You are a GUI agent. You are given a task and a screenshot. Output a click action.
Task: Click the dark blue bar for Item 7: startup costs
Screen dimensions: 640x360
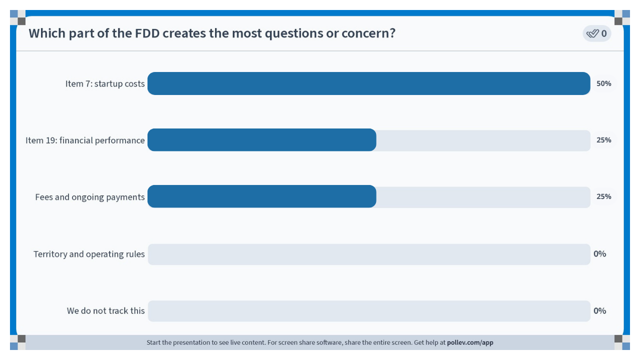(x=369, y=83)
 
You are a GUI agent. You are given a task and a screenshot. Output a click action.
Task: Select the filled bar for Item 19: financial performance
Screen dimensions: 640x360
(x=261, y=140)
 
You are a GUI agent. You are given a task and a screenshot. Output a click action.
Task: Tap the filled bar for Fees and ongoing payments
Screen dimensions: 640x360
(x=261, y=196)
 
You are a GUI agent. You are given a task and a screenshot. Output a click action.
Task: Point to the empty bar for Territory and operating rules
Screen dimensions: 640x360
(x=369, y=254)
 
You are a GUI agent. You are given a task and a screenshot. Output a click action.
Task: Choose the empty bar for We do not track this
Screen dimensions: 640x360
(x=369, y=311)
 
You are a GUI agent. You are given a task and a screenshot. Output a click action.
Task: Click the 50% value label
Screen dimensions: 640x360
(x=603, y=83)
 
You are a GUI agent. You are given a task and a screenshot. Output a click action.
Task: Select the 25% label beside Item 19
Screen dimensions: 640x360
(x=603, y=140)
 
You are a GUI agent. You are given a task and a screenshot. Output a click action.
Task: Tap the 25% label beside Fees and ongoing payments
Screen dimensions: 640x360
(x=603, y=196)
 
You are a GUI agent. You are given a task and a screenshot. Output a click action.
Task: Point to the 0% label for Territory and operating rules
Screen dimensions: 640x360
(x=599, y=253)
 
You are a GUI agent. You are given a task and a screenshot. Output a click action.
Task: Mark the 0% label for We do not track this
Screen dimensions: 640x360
(x=599, y=310)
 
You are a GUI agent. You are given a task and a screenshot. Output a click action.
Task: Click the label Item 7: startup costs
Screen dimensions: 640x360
(x=105, y=83)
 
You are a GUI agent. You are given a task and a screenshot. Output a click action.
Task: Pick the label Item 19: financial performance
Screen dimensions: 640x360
(x=85, y=140)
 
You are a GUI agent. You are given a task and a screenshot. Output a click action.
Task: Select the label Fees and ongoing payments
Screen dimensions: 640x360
(x=89, y=197)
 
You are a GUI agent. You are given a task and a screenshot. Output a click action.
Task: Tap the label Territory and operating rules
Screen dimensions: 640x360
(x=89, y=254)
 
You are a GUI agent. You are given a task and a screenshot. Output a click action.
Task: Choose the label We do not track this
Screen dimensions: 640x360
(x=105, y=310)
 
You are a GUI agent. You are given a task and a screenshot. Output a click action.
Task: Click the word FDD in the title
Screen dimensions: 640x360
(x=147, y=33)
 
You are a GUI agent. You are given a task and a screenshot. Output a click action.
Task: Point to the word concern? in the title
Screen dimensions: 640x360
(x=368, y=33)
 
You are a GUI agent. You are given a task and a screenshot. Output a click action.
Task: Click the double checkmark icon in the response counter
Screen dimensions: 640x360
(x=592, y=33)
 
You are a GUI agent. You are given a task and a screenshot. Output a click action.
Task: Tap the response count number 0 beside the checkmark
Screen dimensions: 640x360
(x=603, y=33)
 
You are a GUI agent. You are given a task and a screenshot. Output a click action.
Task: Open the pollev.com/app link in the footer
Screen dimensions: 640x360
(x=470, y=342)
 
